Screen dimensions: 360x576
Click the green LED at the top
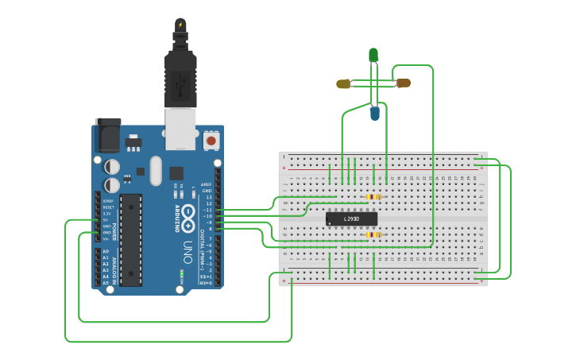coord(373,54)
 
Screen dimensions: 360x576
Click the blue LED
coord(375,114)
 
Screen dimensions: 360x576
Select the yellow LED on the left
coord(343,83)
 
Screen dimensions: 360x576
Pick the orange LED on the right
coord(404,83)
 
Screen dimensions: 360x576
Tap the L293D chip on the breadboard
coord(351,219)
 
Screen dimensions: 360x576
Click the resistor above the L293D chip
coord(373,197)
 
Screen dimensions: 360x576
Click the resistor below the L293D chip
coord(373,234)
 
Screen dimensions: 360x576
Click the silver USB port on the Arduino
coord(180,129)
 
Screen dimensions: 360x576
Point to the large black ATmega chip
coord(131,239)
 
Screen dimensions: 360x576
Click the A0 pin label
coord(105,251)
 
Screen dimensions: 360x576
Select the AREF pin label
coord(207,184)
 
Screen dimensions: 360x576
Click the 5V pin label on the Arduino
coord(106,220)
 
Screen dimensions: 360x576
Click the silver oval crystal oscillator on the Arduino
coord(155,170)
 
